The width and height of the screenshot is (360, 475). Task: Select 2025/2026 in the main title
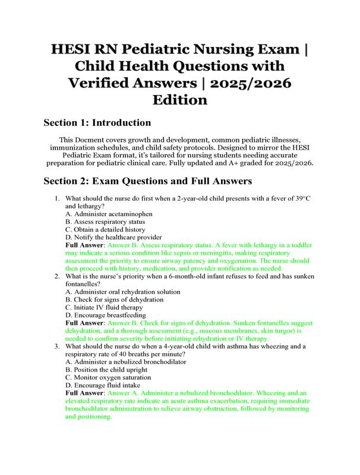click(x=247, y=81)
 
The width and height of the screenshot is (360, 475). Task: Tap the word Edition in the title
click(x=180, y=99)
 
